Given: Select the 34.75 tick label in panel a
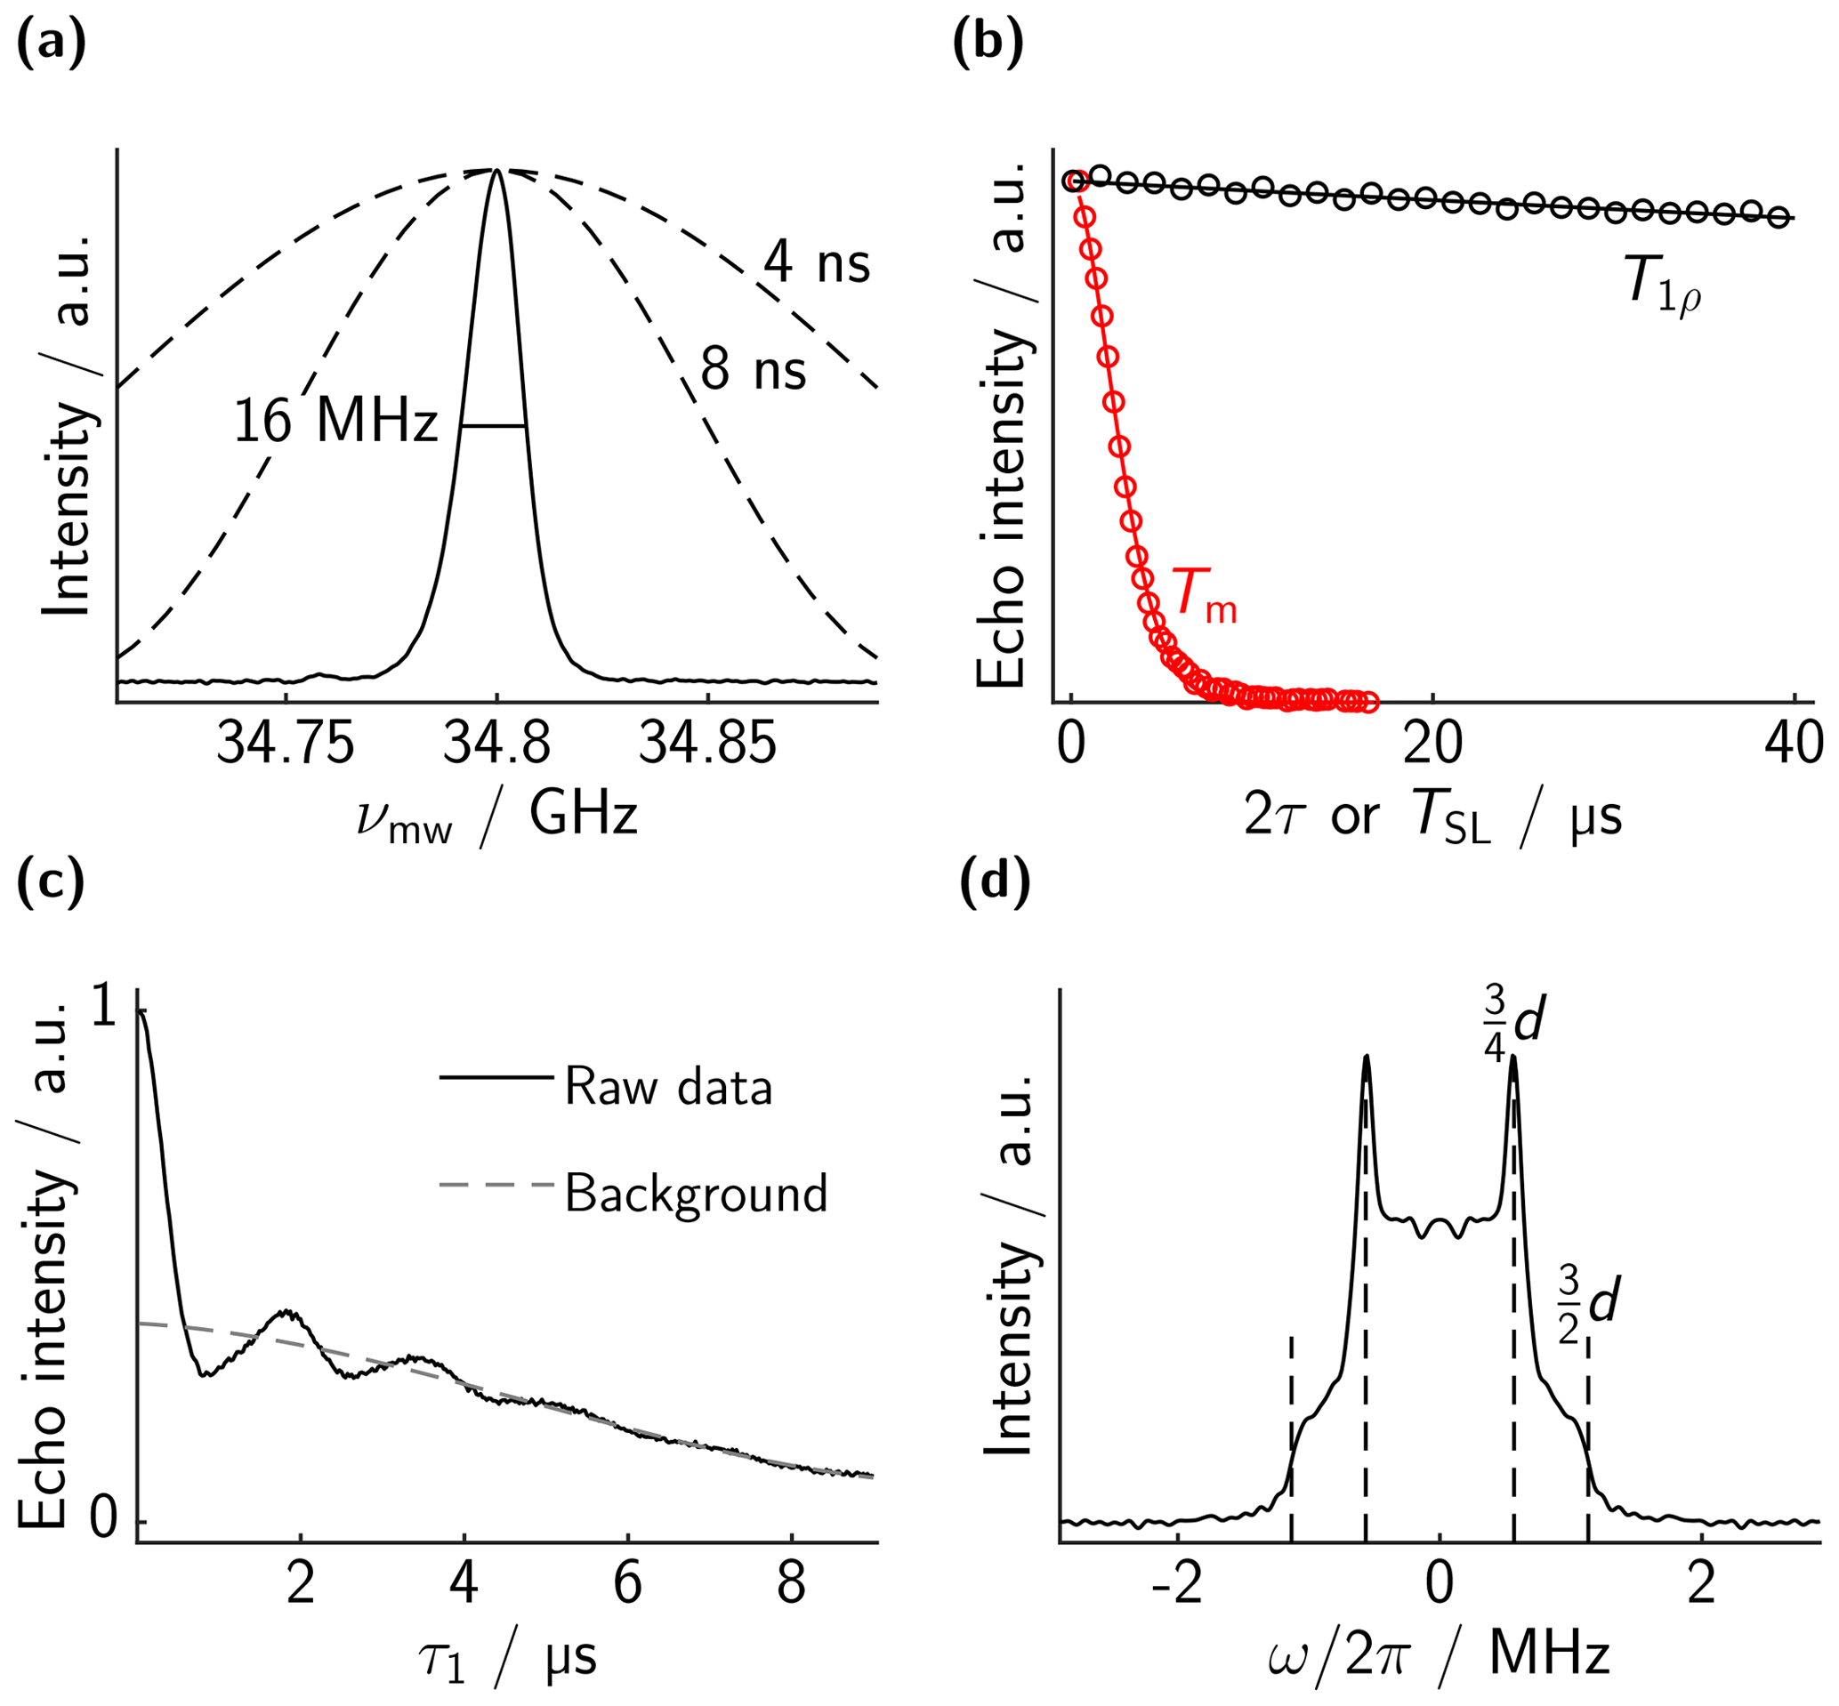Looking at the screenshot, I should tap(286, 742).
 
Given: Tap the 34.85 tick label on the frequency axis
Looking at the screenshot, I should tap(707, 742).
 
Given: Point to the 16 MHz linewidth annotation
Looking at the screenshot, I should tap(335, 422).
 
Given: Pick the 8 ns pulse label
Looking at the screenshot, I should tap(754, 370).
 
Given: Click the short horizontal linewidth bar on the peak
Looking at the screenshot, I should tap(494, 425).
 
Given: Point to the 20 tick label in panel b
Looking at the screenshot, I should tap(1432, 742).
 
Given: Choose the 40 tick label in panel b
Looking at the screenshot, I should tap(1794, 742).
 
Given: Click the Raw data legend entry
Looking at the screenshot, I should tap(667, 1087).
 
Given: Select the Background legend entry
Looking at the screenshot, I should tap(695, 1193).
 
